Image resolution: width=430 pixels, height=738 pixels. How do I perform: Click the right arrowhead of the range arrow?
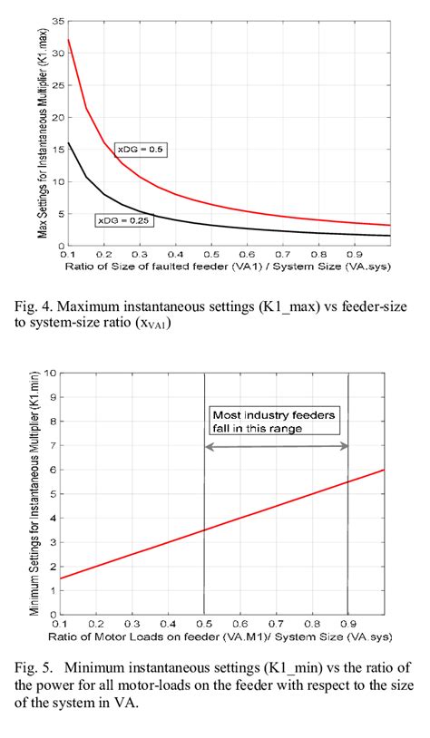point(345,447)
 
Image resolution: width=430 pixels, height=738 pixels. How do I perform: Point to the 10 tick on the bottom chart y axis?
point(53,372)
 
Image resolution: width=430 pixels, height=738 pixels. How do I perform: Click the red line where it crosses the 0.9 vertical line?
point(349,481)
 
